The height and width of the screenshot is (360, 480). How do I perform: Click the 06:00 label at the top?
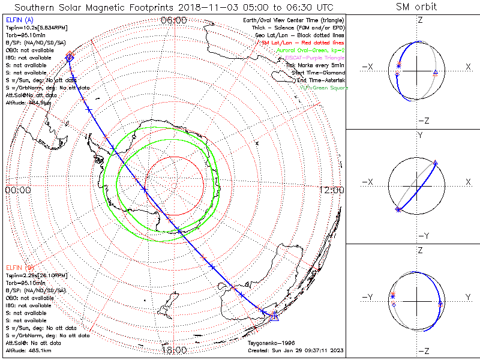pyautogui.click(x=174, y=20)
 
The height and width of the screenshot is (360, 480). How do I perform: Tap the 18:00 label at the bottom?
pyautogui.click(x=174, y=350)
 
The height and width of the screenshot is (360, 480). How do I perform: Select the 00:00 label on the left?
pyautogui.click(x=17, y=190)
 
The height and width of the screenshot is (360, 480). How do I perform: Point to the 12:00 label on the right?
pyautogui.click(x=332, y=190)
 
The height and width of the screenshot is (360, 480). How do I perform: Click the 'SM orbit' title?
pyautogui.click(x=416, y=7)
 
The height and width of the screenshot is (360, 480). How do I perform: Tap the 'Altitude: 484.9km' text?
pyautogui.click(x=28, y=103)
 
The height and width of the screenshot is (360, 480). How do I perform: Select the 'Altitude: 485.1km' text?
pyautogui.click(x=28, y=350)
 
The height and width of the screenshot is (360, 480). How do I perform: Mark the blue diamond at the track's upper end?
pyautogui.click(x=70, y=58)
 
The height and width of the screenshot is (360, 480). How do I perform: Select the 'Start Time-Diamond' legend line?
pyautogui.click(x=318, y=73)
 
